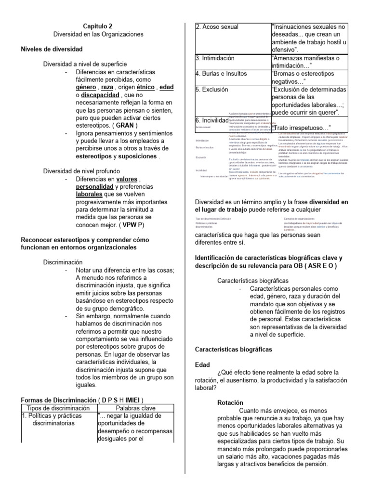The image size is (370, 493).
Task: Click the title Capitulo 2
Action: point(98,26)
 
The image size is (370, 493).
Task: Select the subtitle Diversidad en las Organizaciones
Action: point(98,35)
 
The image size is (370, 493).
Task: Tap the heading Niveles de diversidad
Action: point(51,49)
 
